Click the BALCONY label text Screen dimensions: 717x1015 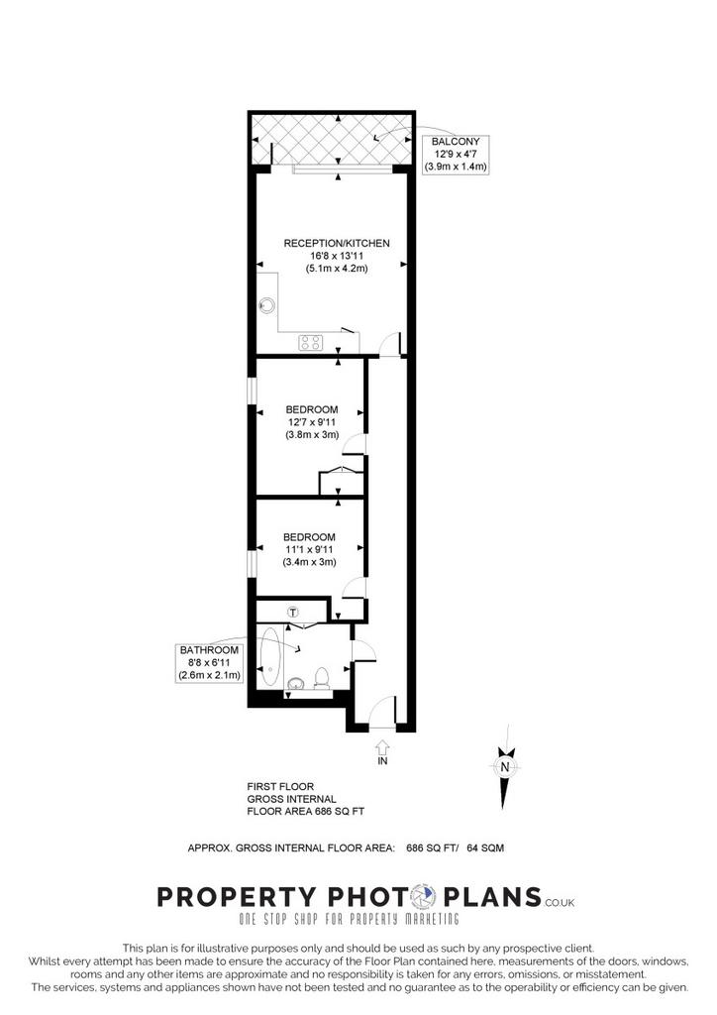(x=456, y=142)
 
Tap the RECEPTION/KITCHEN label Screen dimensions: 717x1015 (x=337, y=244)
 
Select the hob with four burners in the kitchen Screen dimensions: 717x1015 (x=310, y=342)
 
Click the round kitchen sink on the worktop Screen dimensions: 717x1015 (x=267, y=304)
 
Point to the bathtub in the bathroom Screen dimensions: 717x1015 (x=270, y=657)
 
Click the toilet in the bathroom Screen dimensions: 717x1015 (x=321, y=678)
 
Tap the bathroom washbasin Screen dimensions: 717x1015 (x=296, y=682)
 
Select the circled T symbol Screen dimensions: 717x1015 (x=293, y=612)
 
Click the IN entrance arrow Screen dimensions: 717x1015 (x=382, y=746)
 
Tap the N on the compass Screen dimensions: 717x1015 (x=506, y=767)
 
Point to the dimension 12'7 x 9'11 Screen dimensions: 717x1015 (x=312, y=422)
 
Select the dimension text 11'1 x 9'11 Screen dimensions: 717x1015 (x=309, y=549)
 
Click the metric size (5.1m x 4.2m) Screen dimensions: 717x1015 (x=337, y=268)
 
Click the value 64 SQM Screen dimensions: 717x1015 (x=485, y=847)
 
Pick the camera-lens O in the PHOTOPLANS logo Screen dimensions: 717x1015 (x=426, y=897)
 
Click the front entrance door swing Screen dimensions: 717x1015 (x=381, y=711)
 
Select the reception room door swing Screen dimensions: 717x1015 (x=390, y=344)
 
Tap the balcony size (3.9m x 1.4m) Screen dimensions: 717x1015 (x=456, y=167)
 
